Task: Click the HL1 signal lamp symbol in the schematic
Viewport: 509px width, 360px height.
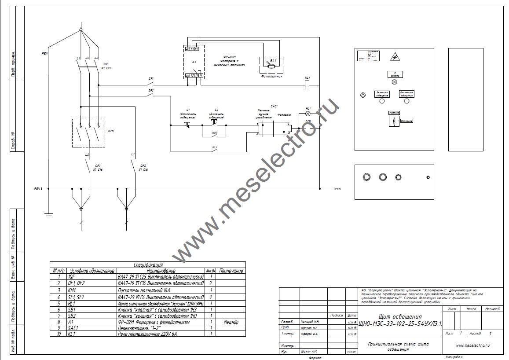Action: pos(308,113)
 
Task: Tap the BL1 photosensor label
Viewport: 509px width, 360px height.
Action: pos(273,60)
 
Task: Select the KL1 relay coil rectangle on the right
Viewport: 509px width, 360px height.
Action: pos(308,85)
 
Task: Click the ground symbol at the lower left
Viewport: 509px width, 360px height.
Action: pos(48,215)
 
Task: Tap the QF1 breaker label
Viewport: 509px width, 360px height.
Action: pos(98,165)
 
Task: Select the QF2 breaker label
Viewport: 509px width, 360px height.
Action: pos(143,165)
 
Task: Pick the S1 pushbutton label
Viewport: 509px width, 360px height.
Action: pos(188,109)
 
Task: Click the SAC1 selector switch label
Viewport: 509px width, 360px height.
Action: pos(274,107)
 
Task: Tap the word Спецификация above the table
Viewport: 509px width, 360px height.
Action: pos(148,265)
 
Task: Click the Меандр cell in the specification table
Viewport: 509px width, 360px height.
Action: pos(231,322)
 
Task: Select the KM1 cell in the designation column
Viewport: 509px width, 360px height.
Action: pos(73,290)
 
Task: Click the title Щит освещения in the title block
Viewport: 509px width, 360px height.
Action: pos(400,316)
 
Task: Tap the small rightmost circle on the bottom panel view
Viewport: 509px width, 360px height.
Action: pos(428,177)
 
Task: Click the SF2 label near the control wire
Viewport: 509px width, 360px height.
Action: pos(151,91)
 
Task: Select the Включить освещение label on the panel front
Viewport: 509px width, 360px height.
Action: pos(381,94)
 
